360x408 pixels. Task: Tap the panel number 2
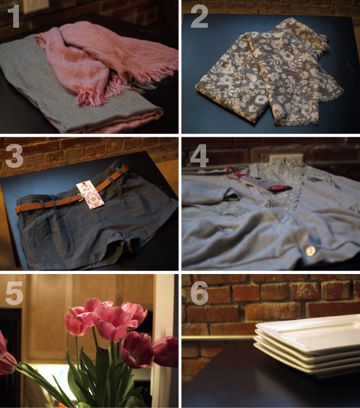pos(199,17)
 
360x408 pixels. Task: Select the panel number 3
pos(14,156)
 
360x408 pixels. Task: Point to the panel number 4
pos(199,156)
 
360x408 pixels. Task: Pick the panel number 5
pos(14,293)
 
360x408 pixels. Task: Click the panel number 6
pos(199,293)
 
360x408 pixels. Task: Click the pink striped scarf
pos(104,60)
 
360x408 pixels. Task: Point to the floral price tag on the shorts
pos(90,195)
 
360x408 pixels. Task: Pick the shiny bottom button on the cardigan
pos(310,251)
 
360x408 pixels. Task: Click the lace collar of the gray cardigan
pos(281,179)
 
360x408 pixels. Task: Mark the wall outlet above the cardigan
pos(286,158)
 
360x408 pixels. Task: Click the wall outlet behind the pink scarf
pos(35,6)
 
